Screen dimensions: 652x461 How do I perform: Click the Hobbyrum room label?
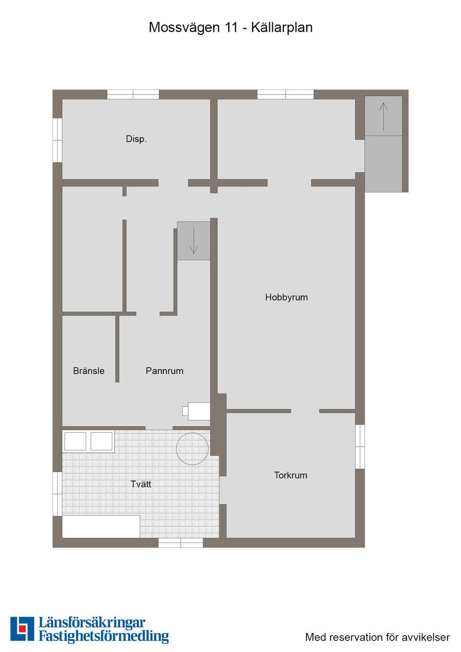pos(286,297)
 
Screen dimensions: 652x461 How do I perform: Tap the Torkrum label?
pos(291,475)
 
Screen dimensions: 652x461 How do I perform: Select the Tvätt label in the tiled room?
pos(141,484)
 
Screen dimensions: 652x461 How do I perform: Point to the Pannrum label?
pos(164,371)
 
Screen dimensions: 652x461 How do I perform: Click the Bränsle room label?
pos(89,371)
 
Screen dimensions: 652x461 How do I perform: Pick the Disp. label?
pos(136,139)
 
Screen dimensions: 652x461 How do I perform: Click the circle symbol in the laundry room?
pos(192,449)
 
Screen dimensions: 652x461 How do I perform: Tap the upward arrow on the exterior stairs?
pos(383,116)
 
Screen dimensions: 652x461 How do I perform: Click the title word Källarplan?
pos(281,27)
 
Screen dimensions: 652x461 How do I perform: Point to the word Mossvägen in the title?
pos(184,27)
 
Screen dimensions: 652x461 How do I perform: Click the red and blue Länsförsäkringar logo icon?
pos(22,628)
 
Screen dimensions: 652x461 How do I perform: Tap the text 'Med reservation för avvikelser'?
pos(377,637)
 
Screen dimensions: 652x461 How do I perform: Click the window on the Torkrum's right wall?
pos(360,447)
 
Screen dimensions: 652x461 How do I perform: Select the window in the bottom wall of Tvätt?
pos(181,543)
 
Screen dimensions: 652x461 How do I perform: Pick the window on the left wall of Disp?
pos(57,140)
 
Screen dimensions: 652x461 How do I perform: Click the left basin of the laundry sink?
pos(75,441)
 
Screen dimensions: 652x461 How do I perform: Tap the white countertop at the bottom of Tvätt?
pos(101,526)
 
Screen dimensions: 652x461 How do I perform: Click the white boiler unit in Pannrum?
pos(198,411)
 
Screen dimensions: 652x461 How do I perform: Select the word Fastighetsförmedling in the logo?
pos(104,637)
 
